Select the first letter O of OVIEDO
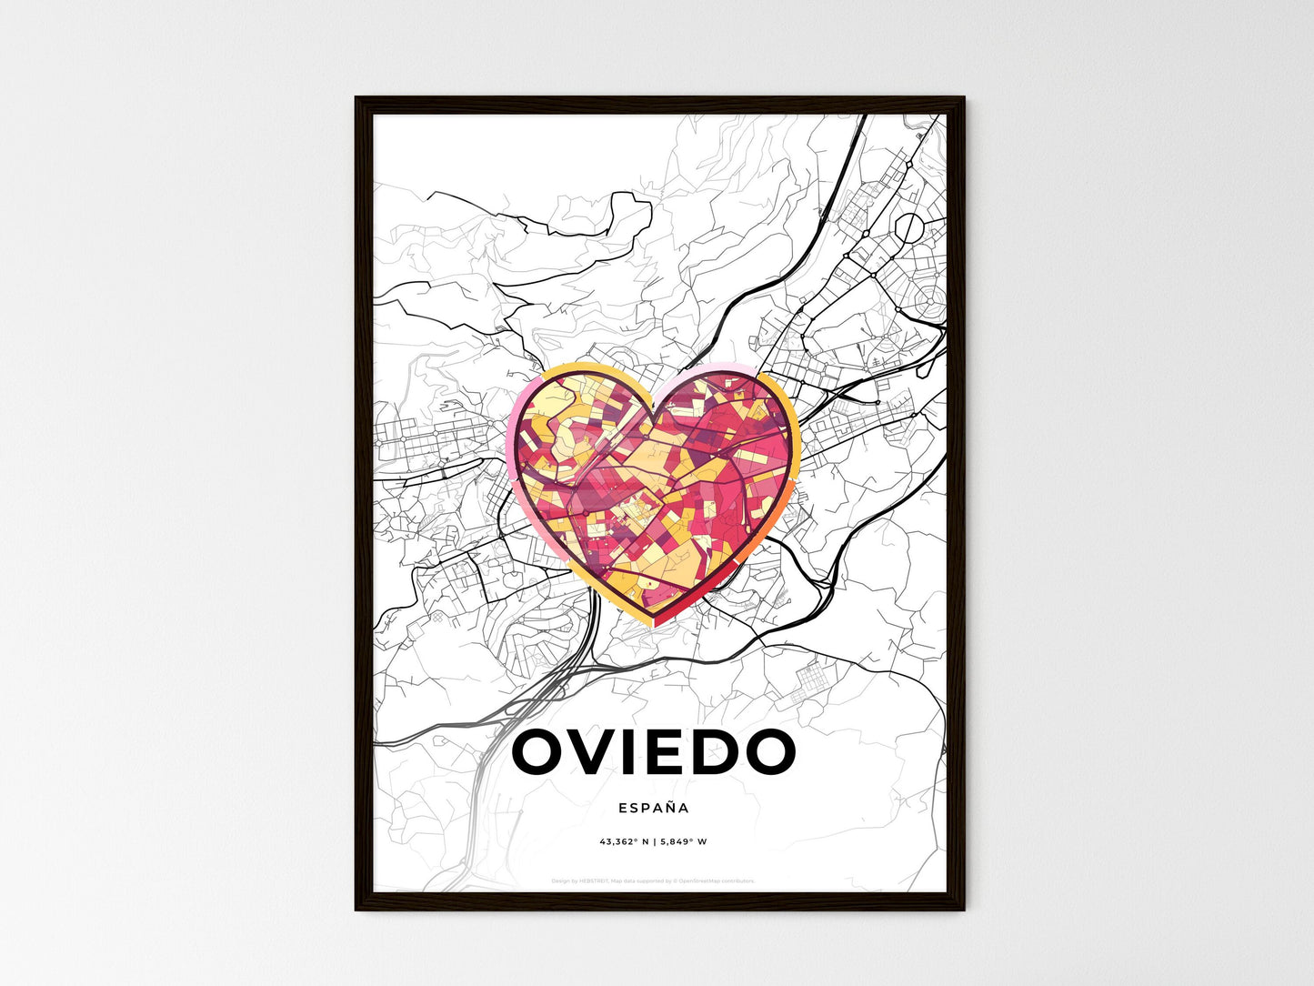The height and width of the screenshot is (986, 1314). coord(542,752)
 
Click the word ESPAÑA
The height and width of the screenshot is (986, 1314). coord(653,808)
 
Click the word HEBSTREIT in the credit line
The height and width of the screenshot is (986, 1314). coord(597,880)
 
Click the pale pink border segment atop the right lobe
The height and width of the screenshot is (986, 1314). coord(709,367)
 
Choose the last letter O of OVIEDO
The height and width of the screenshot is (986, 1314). coord(768,752)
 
